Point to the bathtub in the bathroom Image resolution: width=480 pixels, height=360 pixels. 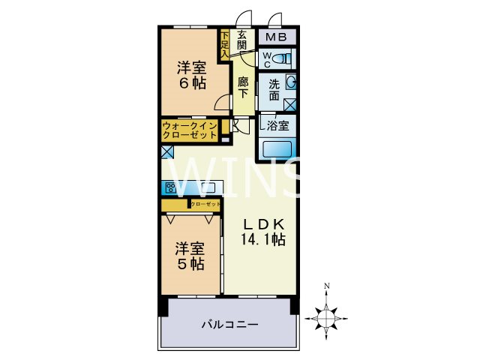tap(278, 148)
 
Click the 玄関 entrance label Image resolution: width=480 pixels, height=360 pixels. tap(242, 40)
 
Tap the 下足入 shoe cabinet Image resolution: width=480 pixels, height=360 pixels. tap(224, 43)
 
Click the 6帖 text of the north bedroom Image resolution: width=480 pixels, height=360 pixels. tap(192, 84)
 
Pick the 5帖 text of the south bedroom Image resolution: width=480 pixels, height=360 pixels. tap(190, 264)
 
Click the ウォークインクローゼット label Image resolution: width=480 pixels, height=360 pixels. tap(190, 130)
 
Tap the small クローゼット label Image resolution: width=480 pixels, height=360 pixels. tap(205, 204)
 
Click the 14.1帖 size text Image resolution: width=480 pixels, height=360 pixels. tap(262, 241)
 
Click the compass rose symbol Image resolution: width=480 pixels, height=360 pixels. tap(327, 315)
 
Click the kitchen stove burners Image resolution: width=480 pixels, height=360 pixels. tap(170, 187)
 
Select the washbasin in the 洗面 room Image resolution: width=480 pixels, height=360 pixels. tap(291, 83)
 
